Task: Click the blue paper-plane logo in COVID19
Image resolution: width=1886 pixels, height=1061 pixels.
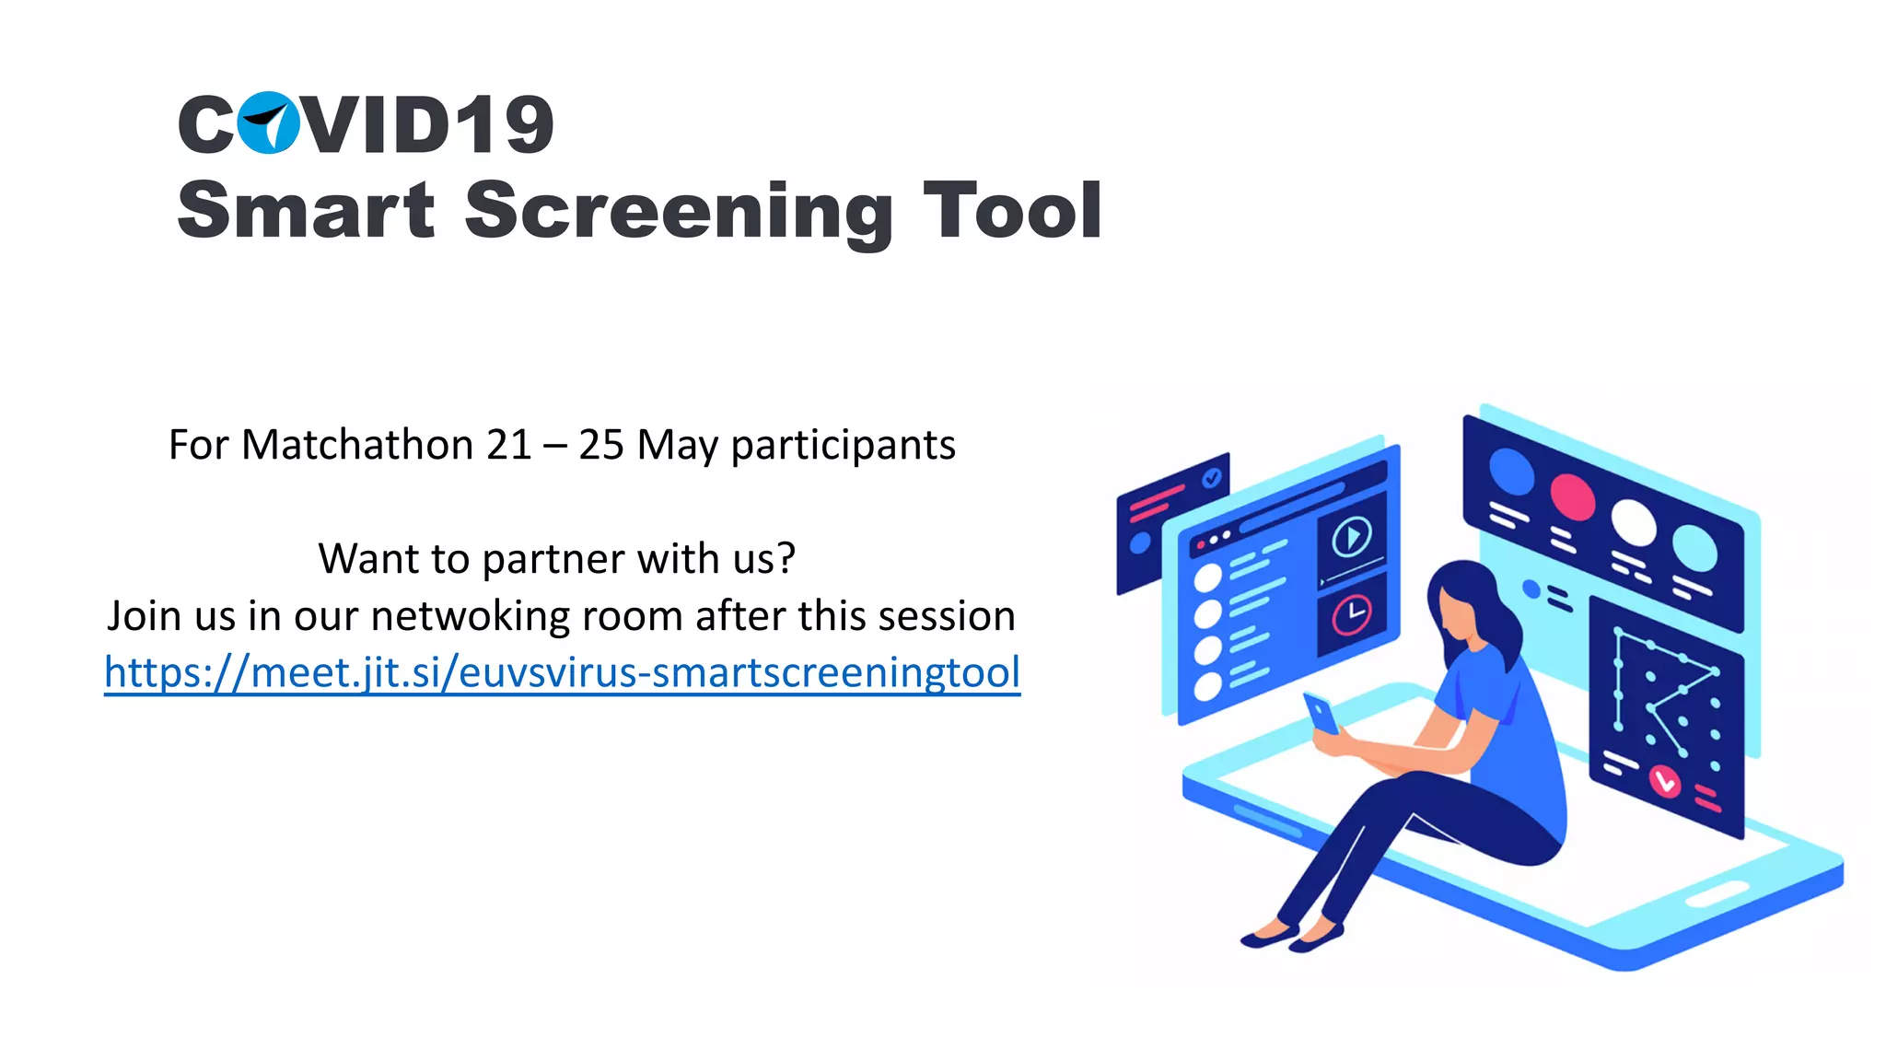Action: (x=268, y=122)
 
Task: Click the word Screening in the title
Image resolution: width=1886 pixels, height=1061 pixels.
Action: (x=678, y=212)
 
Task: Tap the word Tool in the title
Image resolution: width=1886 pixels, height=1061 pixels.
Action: (x=1012, y=212)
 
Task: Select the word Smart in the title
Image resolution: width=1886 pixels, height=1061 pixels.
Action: (x=305, y=212)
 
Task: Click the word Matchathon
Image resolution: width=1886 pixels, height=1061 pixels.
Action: (x=357, y=445)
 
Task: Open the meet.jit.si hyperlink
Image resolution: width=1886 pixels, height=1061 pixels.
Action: (x=562, y=672)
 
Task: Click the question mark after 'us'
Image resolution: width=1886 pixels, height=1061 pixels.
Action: (x=786, y=558)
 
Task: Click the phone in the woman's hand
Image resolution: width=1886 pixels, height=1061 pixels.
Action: (x=1321, y=713)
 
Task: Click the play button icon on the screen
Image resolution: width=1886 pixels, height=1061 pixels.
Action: (x=1351, y=536)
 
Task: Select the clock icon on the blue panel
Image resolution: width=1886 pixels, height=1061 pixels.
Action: (x=1351, y=614)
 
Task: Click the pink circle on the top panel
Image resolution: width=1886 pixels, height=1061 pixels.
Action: (x=1572, y=496)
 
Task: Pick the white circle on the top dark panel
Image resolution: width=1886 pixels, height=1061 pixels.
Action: (x=1633, y=522)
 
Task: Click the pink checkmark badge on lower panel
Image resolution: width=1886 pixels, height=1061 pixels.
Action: (x=1665, y=782)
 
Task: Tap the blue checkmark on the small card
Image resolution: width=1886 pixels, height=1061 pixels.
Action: (x=1212, y=477)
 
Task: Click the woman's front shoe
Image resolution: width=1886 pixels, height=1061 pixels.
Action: (x=1315, y=940)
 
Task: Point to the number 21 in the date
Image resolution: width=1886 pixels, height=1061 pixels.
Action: (x=508, y=446)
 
